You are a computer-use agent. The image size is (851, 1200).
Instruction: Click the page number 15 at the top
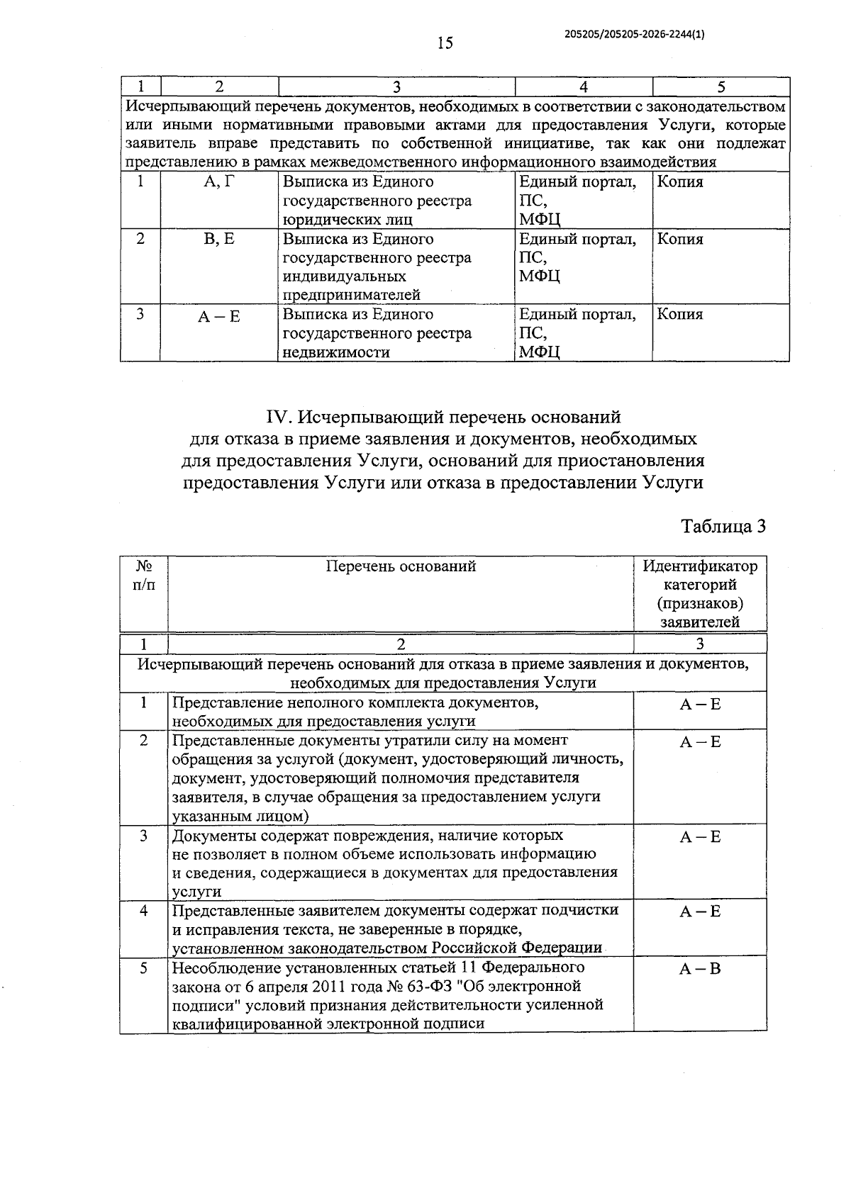(445, 44)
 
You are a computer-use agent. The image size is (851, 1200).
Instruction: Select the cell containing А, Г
(218, 182)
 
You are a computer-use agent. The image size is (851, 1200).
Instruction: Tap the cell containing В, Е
(218, 240)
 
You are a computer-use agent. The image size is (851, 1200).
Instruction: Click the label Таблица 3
(723, 527)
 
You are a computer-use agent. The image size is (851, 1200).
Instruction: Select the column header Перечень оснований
(401, 566)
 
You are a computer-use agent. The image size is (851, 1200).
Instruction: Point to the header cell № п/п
(144, 576)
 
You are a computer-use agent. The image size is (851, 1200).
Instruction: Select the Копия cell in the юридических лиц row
(680, 182)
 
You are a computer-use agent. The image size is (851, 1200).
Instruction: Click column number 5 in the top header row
(721, 87)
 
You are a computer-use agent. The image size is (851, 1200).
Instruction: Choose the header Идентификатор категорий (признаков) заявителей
(700, 594)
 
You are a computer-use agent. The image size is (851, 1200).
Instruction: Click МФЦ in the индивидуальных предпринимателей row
(540, 276)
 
